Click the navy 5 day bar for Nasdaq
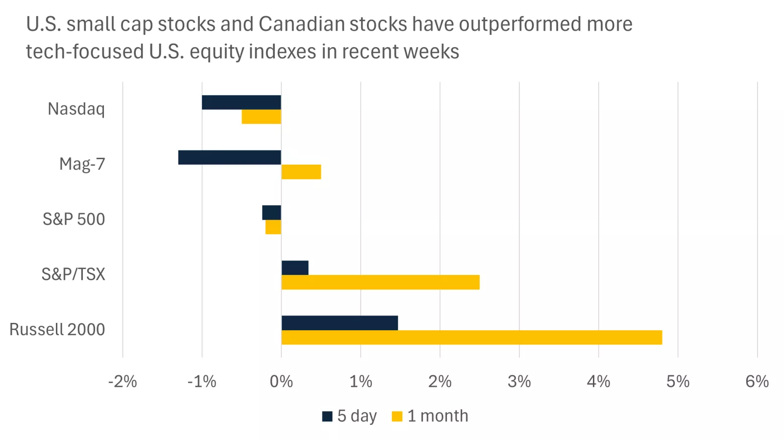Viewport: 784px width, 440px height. tap(241, 102)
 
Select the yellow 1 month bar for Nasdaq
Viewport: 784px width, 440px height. tap(261, 117)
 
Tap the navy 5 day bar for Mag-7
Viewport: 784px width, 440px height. tap(229, 157)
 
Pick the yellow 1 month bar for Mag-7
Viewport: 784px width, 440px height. tap(301, 172)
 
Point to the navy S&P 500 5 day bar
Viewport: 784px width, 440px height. tap(271, 213)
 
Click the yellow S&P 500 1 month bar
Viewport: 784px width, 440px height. tap(273, 227)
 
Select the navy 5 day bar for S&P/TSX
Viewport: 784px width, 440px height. tap(294, 268)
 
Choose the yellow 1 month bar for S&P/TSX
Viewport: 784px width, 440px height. tap(380, 282)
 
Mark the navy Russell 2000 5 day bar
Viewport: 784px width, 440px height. tap(339, 323)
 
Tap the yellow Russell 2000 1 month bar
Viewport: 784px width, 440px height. tap(471, 338)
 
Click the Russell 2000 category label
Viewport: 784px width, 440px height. tap(57, 330)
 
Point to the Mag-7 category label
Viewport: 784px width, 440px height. tap(82, 164)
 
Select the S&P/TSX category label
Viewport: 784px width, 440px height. tap(73, 274)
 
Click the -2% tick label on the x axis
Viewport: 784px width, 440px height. tap(122, 382)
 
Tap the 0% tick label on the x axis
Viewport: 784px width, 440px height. tap(281, 382)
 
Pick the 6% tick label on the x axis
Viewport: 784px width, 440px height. tap(757, 382)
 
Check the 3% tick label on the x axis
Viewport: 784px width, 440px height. tap(519, 382)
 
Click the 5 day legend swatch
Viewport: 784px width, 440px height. tap(327, 416)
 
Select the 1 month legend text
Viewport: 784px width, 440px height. tap(438, 416)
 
